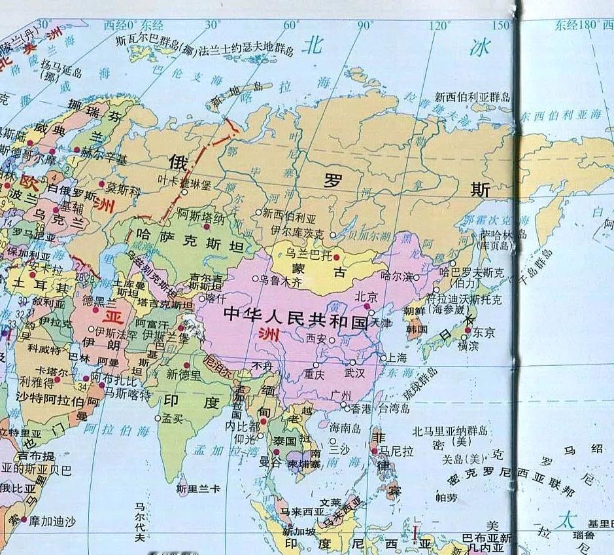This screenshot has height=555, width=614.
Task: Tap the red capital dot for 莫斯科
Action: coord(102,185)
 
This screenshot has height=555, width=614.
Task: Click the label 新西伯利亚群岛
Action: coord(473,97)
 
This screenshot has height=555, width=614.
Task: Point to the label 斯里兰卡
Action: coord(198,488)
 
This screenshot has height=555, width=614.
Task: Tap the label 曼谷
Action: coord(270,462)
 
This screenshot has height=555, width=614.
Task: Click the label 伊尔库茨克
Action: coord(297,233)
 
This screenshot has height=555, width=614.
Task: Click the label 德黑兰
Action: coord(99,302)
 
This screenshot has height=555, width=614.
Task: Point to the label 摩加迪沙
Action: coord(52,522)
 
